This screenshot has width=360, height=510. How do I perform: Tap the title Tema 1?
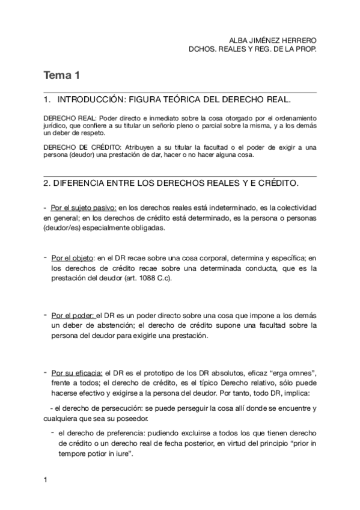click(x=61, y=76)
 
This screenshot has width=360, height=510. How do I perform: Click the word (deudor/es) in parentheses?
click(x=64, y=228)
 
